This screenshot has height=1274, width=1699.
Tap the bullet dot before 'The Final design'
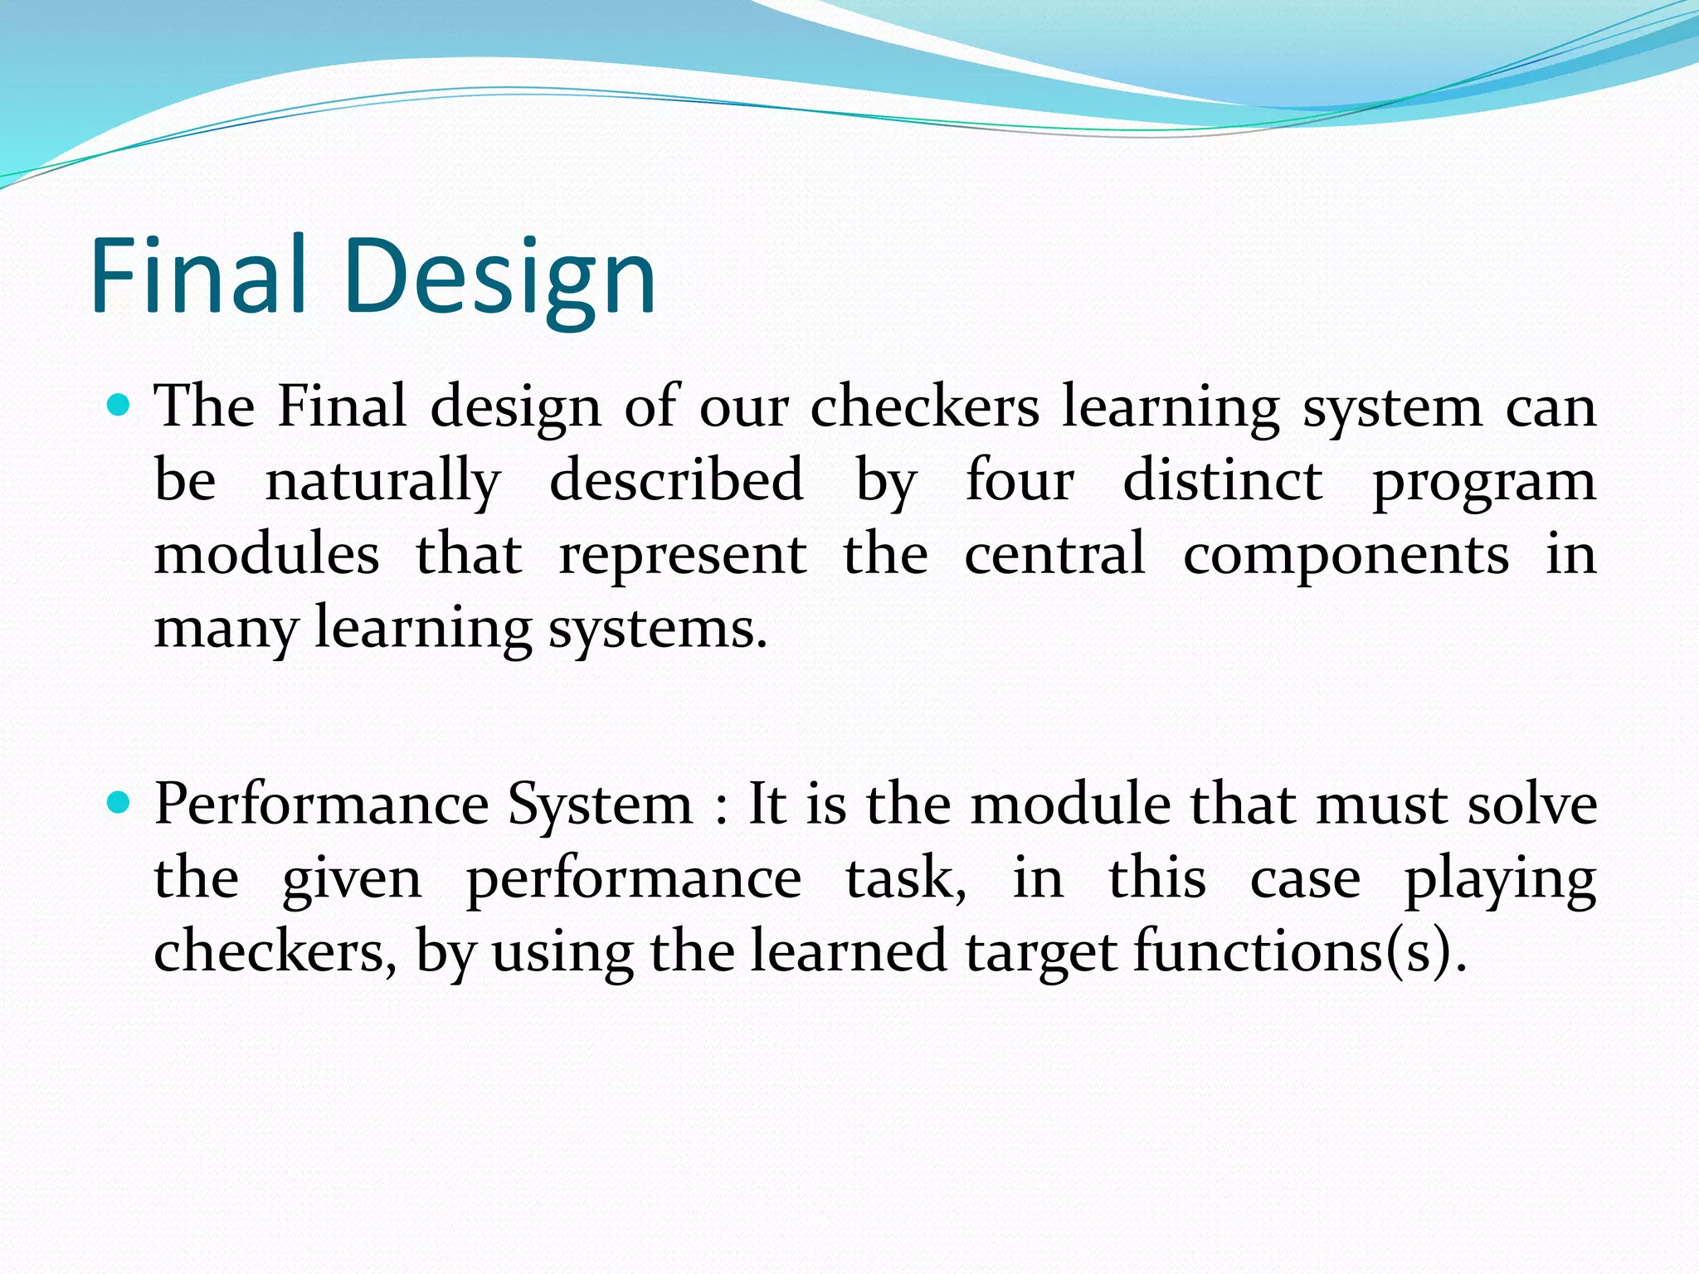(x=120, y=406)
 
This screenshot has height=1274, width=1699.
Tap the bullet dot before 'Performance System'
(x=120, y=803)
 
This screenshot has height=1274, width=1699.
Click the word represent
(x=682, y=556)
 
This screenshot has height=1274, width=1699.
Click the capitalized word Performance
(x=322, y=805)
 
